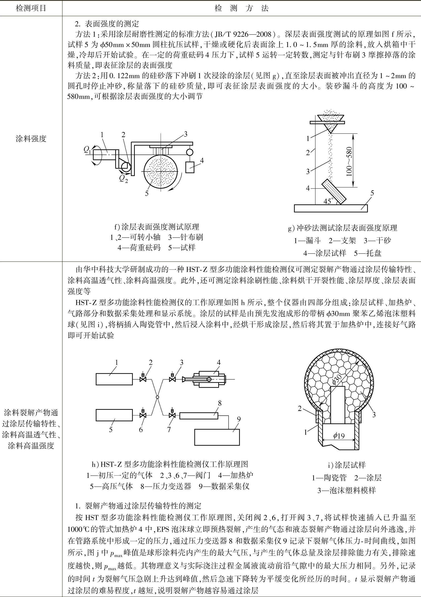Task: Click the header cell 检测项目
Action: pos(31,8)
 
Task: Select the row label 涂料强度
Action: pos(31,139)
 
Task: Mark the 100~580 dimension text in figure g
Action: pos(349,161)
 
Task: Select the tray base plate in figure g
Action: pos(331,208)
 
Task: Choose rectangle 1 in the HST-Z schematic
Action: pos(114,379)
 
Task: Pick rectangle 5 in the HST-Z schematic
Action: pos(114,415)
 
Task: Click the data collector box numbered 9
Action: pos(217,437)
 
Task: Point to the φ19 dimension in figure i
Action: pos(339,436)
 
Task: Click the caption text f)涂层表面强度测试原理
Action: pos(157,227)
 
